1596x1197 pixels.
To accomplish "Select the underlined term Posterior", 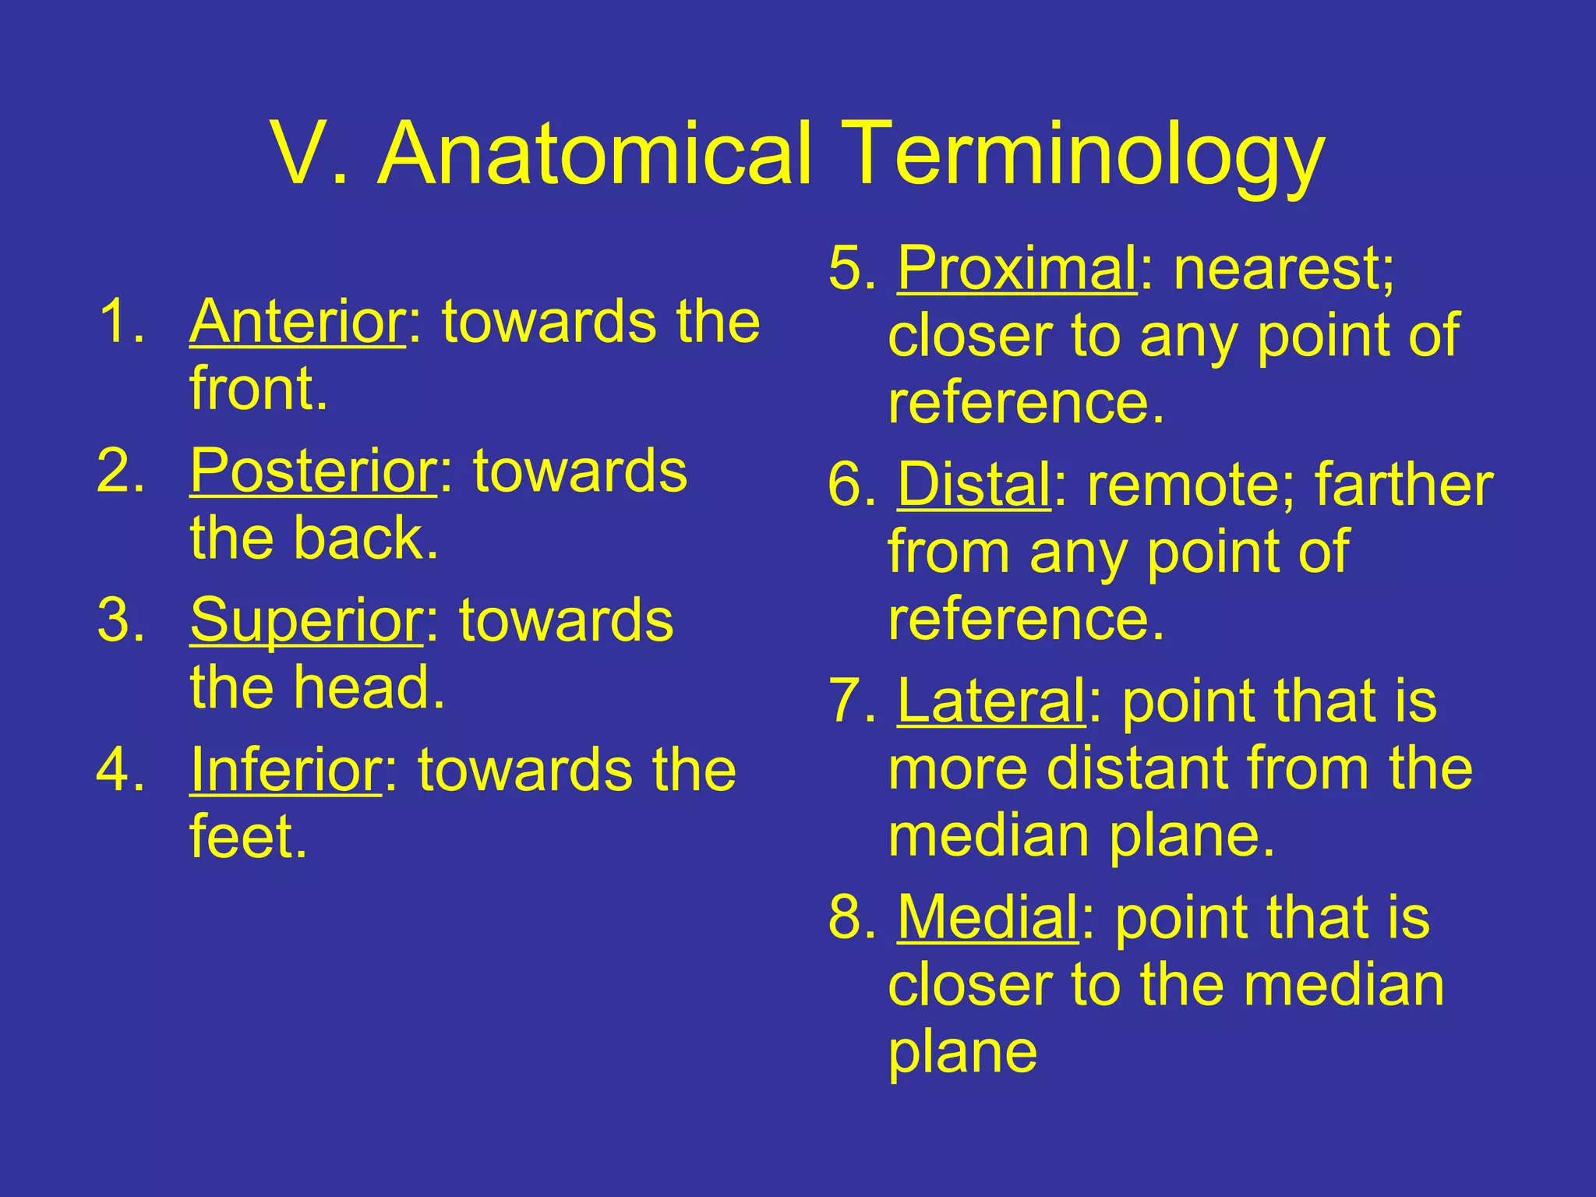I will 313,471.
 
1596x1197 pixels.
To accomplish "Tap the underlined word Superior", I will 306,620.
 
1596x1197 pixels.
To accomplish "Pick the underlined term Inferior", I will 285,770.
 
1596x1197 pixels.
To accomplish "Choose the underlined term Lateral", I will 990,701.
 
